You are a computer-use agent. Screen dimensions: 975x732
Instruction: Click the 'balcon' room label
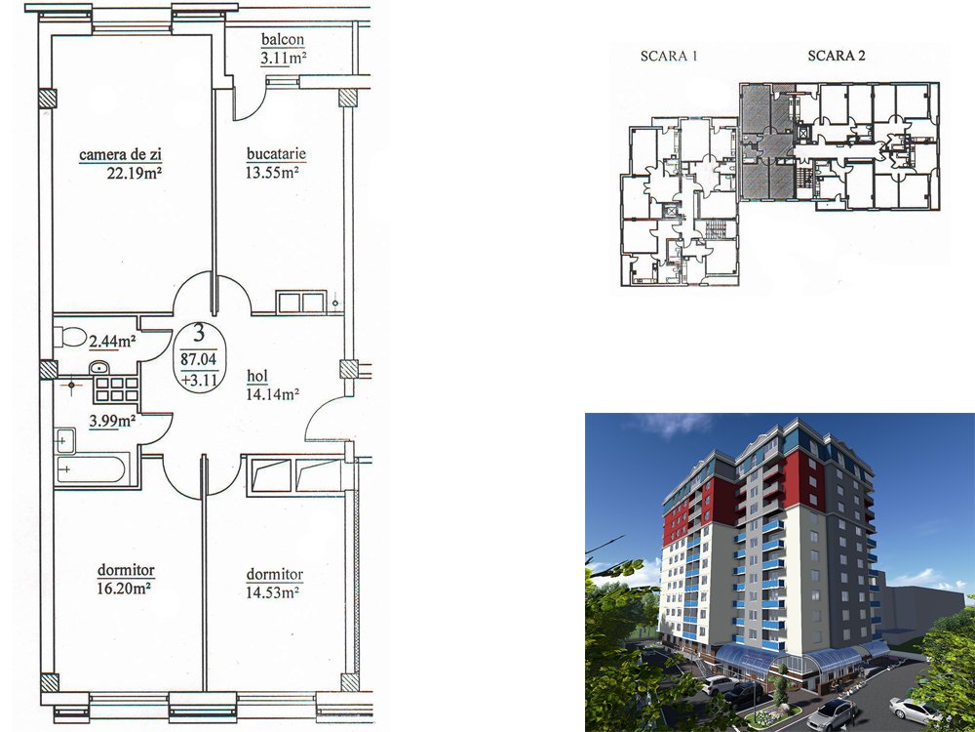[283, 39]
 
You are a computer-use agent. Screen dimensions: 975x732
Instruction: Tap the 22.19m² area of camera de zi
[135, 173]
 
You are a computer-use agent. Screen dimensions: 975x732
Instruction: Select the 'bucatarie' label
[276, 154]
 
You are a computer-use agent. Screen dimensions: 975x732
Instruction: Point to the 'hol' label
[257, 376]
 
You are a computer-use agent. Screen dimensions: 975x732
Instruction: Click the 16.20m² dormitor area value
[125, 588]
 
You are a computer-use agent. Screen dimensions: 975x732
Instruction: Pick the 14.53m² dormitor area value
[272, 592]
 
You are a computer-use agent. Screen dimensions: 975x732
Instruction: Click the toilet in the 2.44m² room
[70, 337]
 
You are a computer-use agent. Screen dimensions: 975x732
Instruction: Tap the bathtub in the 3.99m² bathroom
[92, 469]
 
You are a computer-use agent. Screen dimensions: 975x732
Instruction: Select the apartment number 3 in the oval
[198, 334]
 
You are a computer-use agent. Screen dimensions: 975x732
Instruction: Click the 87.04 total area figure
[198, 359]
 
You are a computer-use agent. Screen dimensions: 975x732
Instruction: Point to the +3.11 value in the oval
[199, 380]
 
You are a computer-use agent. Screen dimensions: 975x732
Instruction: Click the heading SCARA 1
[669, 56]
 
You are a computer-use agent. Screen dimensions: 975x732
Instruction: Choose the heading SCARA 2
[837, 56]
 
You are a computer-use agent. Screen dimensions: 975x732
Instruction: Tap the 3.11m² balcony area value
[284, 59]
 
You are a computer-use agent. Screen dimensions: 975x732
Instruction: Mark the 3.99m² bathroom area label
[112, 421]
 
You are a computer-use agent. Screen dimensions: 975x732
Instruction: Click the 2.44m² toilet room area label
[112, 341]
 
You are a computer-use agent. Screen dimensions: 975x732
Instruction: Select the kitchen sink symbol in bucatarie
[301, 303]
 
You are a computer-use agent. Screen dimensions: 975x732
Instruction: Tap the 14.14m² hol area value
[273, 394]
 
